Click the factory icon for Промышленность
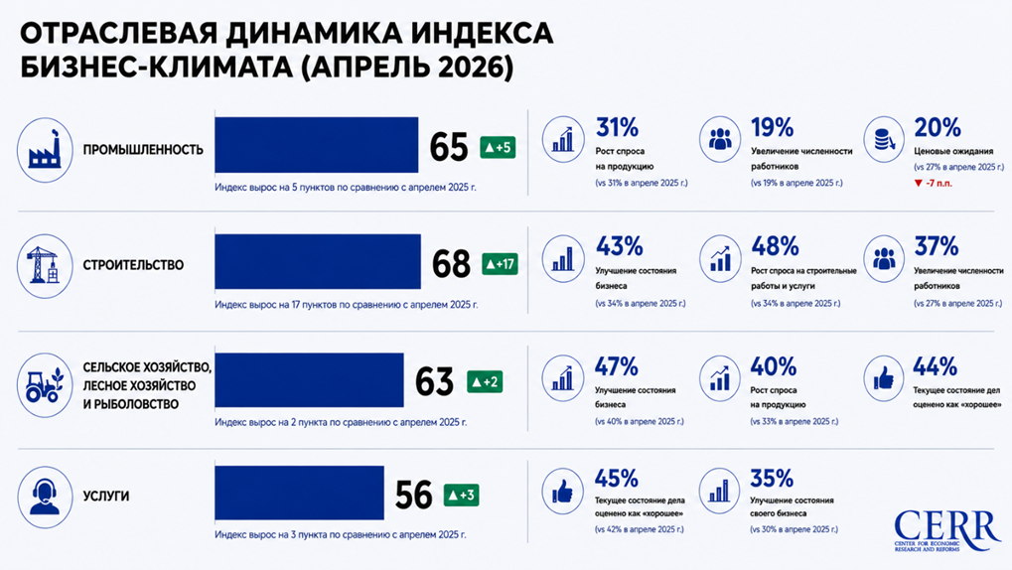click(x=45, y=150)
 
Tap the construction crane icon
click(x=45, y=266)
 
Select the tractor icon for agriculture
click(x=45, y=384)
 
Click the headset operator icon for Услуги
click(x=45, y=497)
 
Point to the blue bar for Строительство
click(x=318, y=261)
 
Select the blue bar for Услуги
click(x=300, y=493)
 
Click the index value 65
click(x=449, y=147)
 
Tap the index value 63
click(x=434, y=381)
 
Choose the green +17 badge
click(x=501, y=264)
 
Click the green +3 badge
click(x=462, y=496)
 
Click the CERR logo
click(x=947, y=530)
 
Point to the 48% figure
click(x=775, y=246)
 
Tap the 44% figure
click(x=936, y=366)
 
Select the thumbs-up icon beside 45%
click(x=563, y=492)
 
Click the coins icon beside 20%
click(x=884, y=139)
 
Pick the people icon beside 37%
click(x=884, y=259)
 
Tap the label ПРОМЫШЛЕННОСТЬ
click(x=143, y=150)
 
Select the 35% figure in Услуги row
click(x=772, y=479)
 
